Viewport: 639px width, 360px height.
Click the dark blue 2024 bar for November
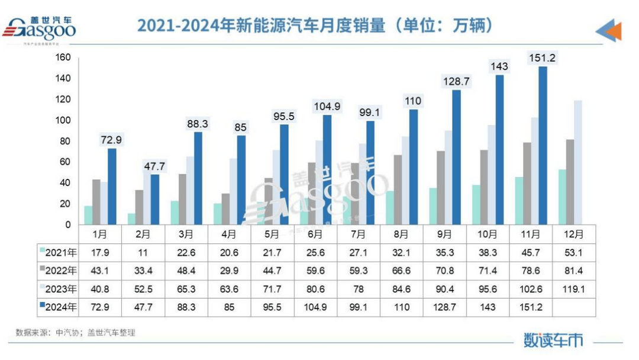click(543, 146)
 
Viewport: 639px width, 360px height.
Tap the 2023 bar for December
click(577, 163)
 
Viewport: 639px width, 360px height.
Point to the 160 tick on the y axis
click(63, 57)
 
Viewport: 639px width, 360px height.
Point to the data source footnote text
click(76, 333)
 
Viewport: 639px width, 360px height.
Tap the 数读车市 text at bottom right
click(553, 339)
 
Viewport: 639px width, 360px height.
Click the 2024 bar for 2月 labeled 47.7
click(155, 200)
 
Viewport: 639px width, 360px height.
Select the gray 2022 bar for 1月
click(96, 202)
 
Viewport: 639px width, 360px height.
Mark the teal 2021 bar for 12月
click(562, 197)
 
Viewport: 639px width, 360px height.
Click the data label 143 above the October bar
click(499, 66)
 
